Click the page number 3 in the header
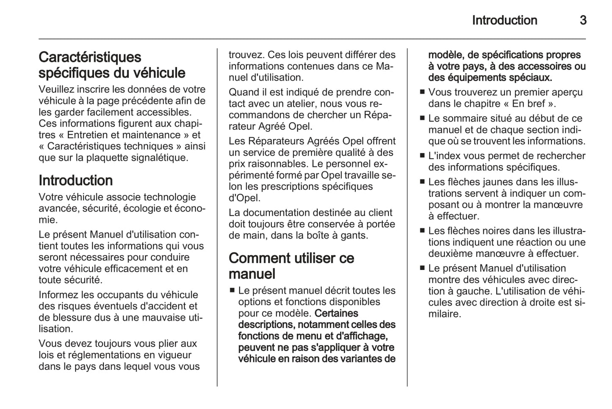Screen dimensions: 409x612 [x=583, y=20]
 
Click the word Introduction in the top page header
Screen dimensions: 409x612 [x=504, y=20]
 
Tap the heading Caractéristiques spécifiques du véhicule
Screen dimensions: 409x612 [x=112, y=65]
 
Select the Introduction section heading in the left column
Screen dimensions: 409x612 [x=75, y=181]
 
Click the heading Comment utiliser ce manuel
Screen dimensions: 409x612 [x=291, y=266]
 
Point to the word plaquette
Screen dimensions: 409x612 [x=108, y=158]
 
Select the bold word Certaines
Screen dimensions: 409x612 [x=336, y=314]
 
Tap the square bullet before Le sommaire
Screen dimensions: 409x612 [x=422, y=118]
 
